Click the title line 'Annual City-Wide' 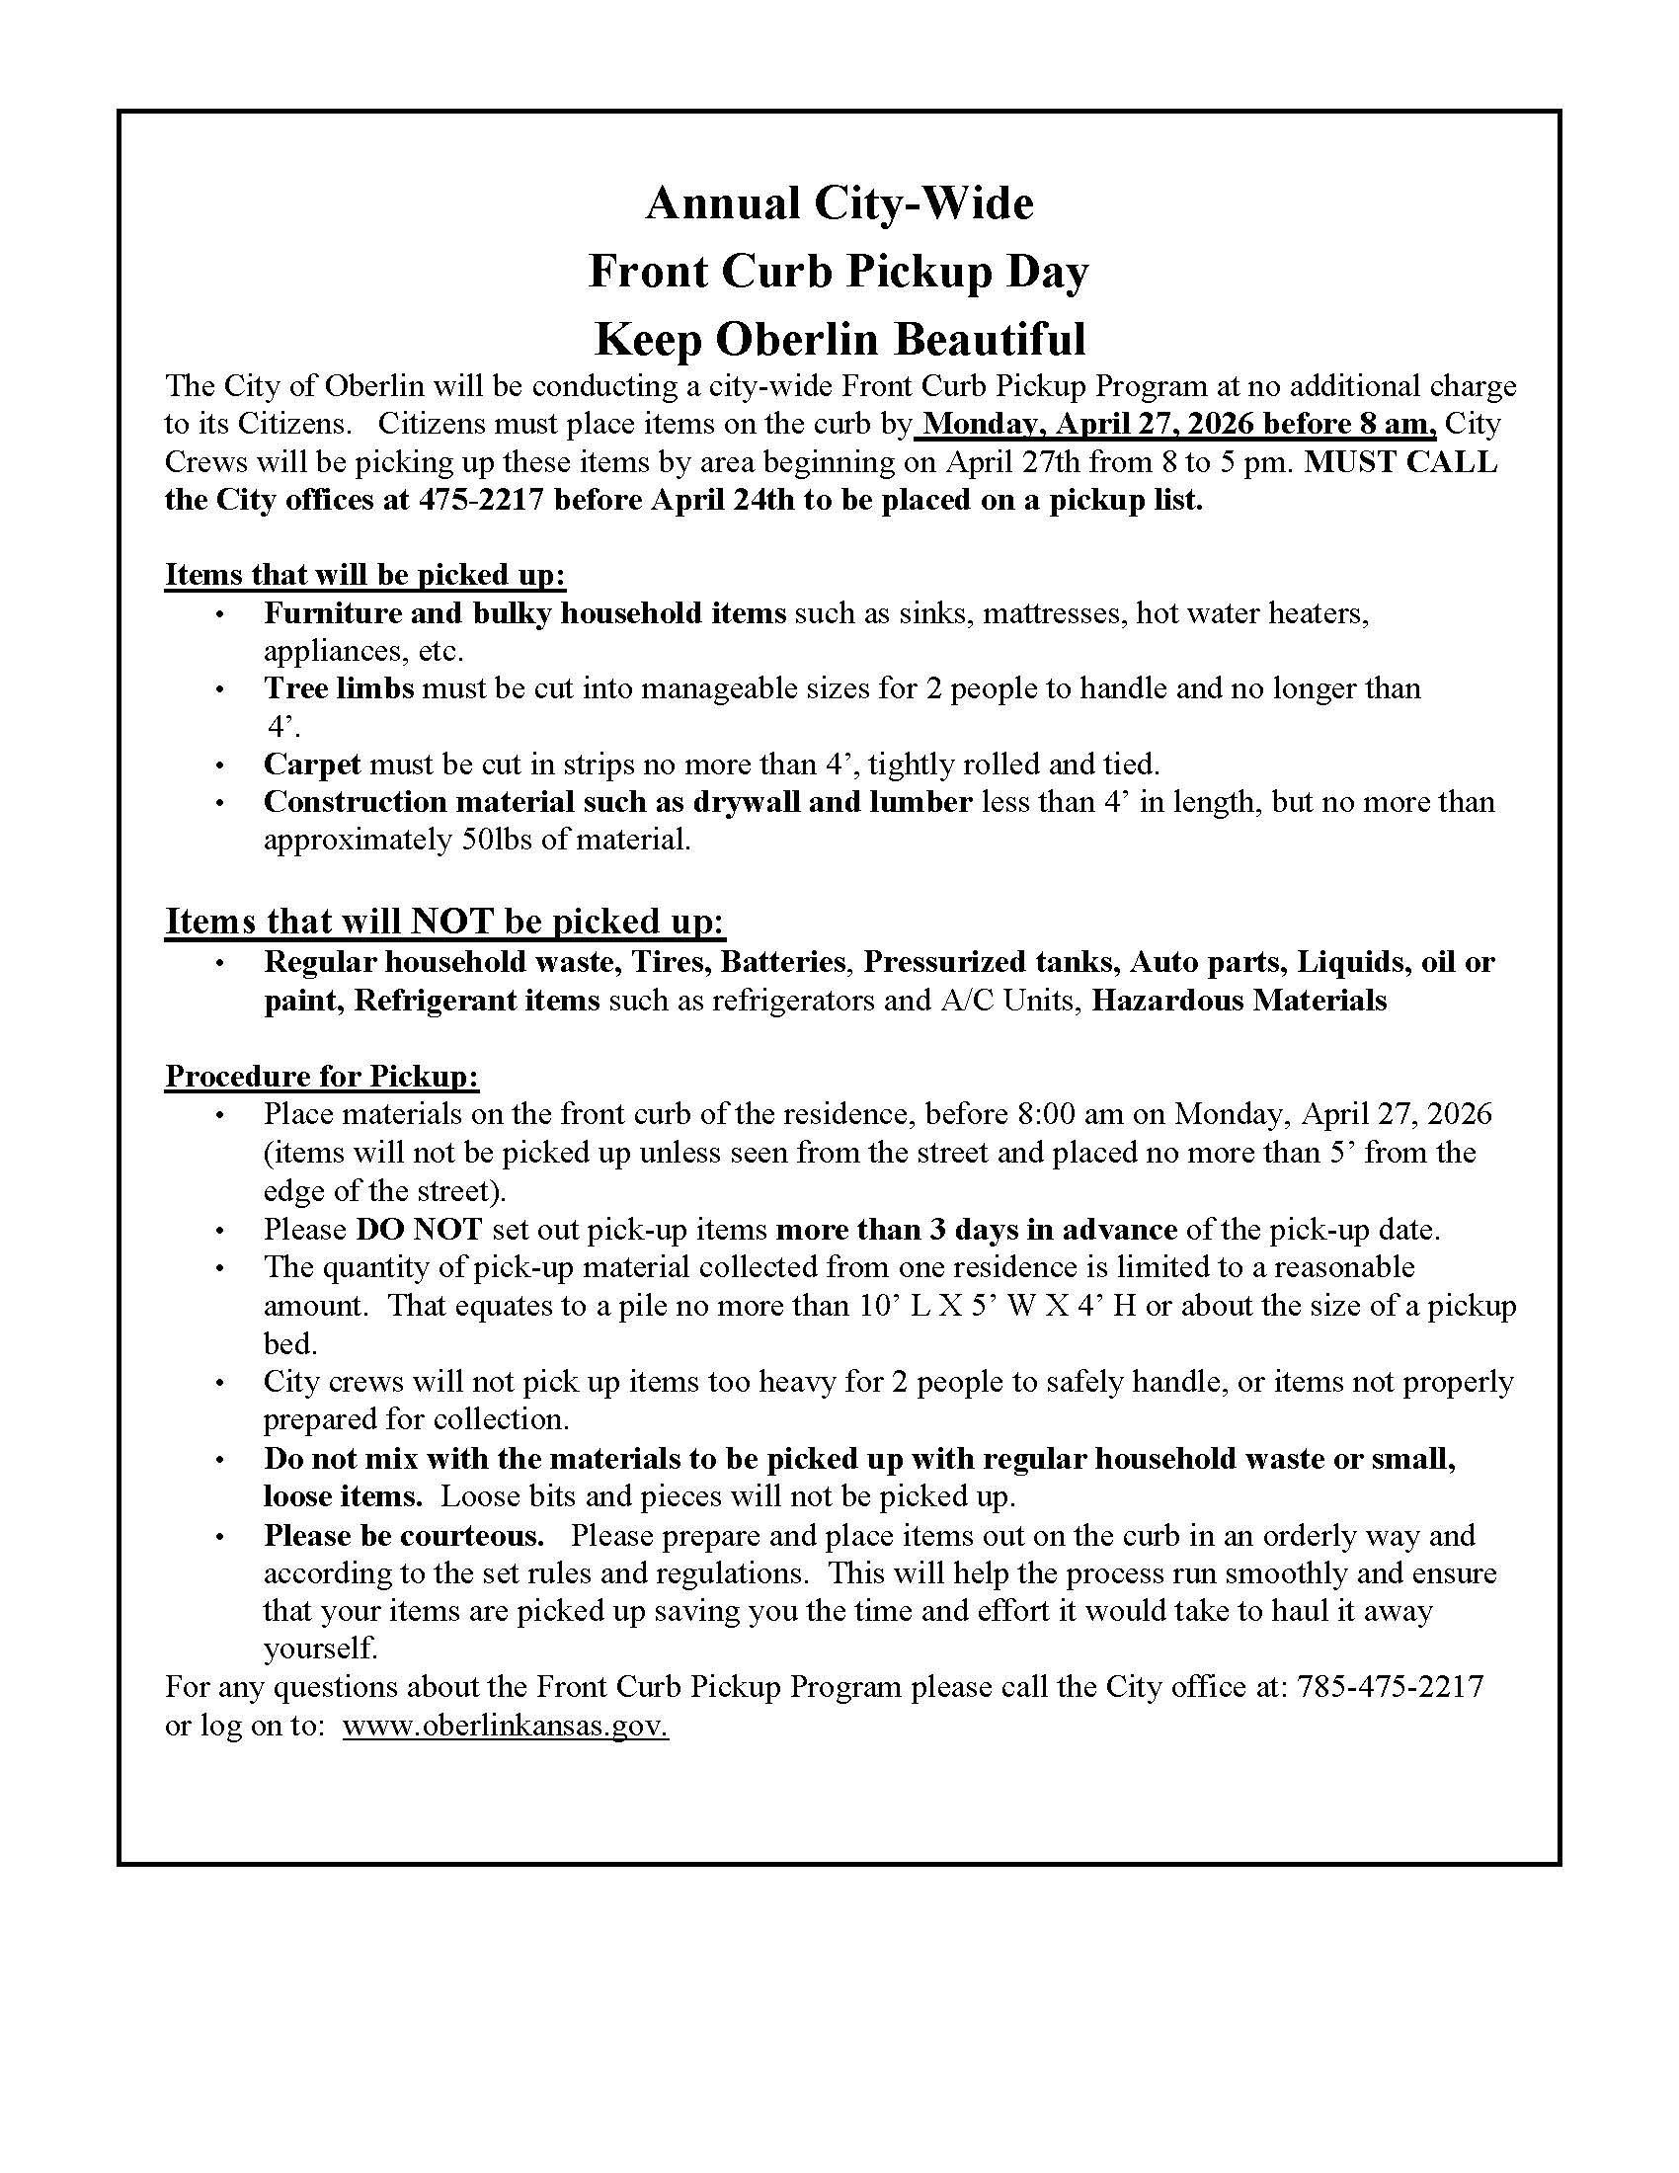click(x=839, y=204)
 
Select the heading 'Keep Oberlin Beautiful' click(x=839, y=339)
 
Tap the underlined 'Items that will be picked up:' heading click(x=365, y=575)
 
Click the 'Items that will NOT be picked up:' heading click(x=444, y=922)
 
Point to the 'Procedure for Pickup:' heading click(x=321, y=1076)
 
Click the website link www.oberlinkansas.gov click(x=506, y=1725)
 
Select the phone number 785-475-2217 click(x=1390, y=1686)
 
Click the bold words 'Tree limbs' click(x=338, y=688)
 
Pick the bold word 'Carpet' click(x=311, y=765)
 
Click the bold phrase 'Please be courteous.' click(x=404, y=1535)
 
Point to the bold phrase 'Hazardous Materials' click(x=1239, y=1000)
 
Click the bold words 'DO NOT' click(x=419, y=1230)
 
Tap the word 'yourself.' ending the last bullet click(x=320, y=1649)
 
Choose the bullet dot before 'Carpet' click(x=220, y=765)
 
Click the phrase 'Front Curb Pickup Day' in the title click(x=839, y=272)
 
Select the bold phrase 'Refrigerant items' click(x=475, y=1000)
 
